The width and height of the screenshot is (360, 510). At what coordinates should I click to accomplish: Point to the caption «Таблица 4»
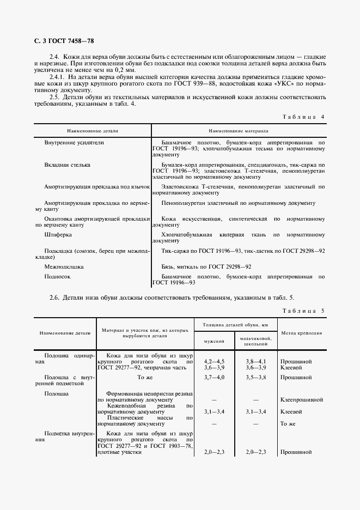tap(303, 117)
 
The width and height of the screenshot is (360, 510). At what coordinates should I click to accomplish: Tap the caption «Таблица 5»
tap(303, 311)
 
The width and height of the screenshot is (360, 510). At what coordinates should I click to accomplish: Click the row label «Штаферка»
tap(58, 234)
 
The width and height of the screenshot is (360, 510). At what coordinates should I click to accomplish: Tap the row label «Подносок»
tap(58, 277)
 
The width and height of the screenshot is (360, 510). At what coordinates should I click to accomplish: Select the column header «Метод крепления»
tap(301, 332)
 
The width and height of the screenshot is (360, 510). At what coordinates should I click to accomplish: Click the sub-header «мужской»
tap(214, 341)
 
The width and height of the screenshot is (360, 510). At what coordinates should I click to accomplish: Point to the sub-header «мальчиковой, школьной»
tap(255, 341)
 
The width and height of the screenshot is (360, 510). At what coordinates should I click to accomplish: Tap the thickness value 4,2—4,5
tap(214, 361)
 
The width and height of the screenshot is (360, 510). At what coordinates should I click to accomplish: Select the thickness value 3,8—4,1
tap(255, 361)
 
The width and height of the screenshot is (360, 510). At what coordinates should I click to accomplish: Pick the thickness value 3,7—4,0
tap(214, 377)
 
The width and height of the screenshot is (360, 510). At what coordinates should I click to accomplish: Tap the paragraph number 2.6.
tap(54, 297)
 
